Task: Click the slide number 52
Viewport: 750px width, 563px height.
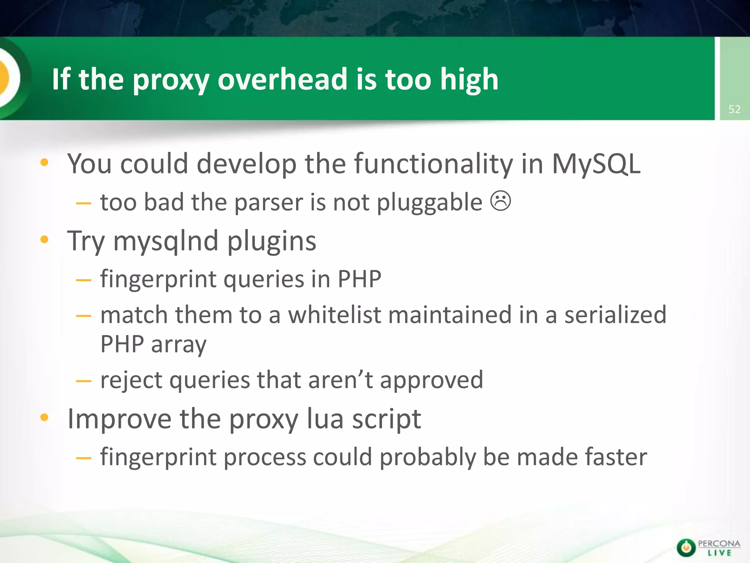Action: point(734,109)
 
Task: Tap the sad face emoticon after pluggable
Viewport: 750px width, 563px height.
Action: point(501,201)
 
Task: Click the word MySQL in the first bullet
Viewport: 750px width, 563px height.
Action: point(596,164)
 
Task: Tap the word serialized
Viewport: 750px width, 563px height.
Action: point(615,315)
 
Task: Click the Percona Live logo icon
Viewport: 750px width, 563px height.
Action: point(686,548)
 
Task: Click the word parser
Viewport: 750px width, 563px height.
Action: point(268,203)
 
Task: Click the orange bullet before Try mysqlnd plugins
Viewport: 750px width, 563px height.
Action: point(45,240)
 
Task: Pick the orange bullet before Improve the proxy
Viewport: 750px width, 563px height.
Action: point(45,417)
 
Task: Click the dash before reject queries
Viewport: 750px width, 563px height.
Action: point(83,381)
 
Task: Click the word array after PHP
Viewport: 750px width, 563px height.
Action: point(179,345)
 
